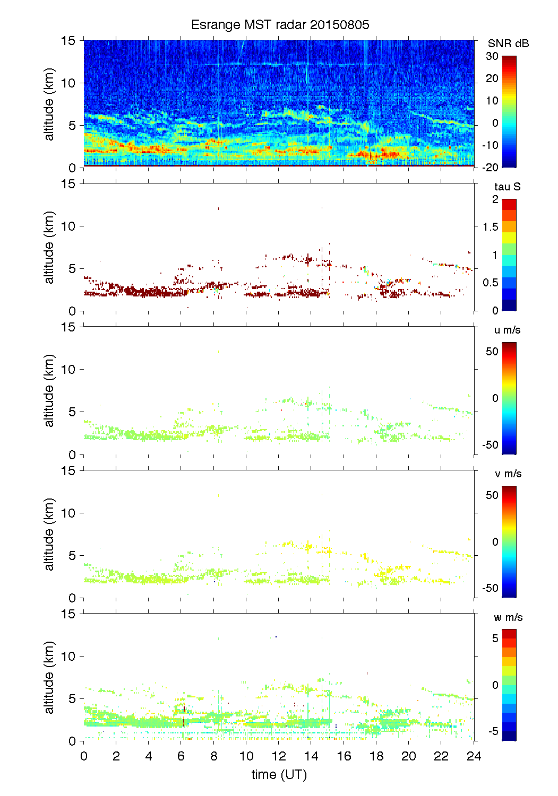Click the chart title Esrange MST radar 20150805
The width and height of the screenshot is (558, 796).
pos(280,25)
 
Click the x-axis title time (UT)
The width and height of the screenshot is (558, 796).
pos(279,775)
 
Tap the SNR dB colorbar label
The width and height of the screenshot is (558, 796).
pos(508,43)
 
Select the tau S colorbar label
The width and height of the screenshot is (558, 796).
pos(507,187)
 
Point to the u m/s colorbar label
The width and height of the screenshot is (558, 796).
pos(507,330)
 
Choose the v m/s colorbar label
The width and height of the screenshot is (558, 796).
pos(508,474)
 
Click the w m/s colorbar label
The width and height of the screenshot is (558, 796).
pos(508,617)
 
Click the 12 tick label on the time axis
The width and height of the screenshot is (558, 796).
pos(279,756)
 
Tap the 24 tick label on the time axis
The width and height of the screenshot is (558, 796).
pos(474,756)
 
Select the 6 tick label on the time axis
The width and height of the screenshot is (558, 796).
pos(181,756)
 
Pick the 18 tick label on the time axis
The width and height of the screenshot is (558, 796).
pos(376,756)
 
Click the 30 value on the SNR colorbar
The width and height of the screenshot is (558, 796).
pos(492,56)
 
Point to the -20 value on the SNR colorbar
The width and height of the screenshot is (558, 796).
pos(491,167)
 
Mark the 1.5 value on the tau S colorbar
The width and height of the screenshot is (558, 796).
pos(491,227)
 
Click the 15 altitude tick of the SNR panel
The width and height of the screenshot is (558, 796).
pos(68,40)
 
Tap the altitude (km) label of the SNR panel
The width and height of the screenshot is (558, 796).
pos(49,104)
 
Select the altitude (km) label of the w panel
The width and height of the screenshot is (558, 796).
pos(49,677)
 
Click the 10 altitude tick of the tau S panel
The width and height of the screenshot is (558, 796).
pos(68,226)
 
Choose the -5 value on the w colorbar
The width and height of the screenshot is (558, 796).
pos(493,731)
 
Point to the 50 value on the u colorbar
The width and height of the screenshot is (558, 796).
pos(492,351)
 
